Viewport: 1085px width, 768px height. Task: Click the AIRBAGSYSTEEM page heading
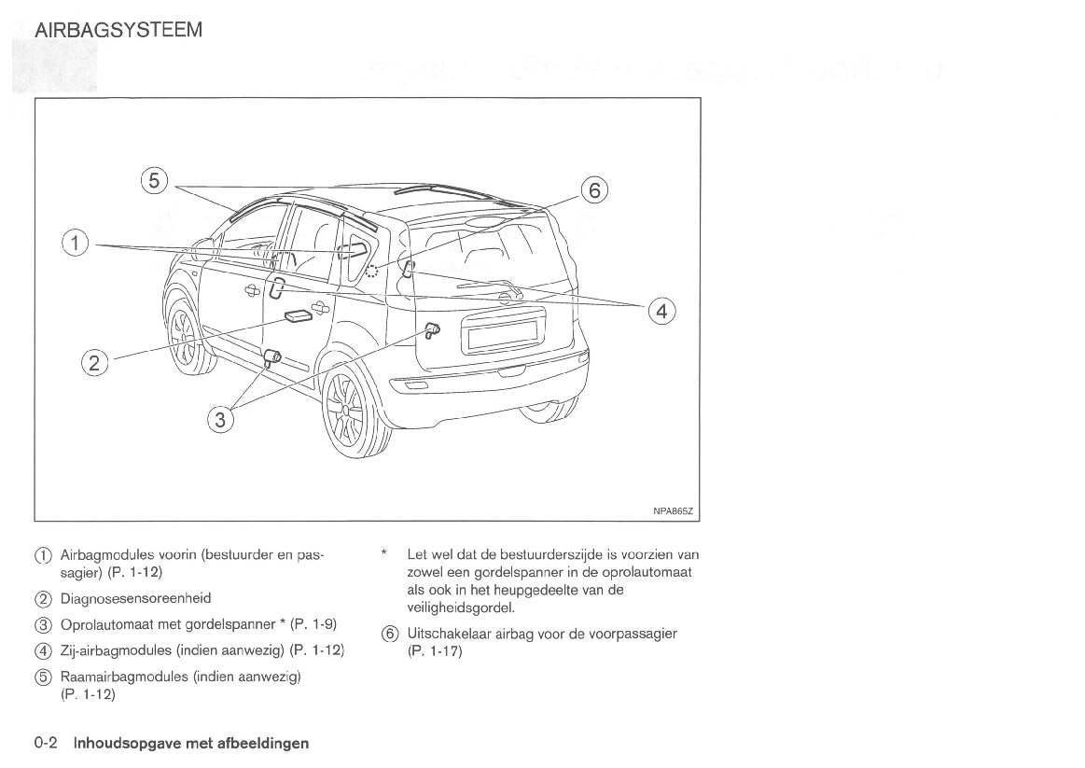point(118,30)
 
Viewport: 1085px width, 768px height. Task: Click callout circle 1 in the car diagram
point(77,244)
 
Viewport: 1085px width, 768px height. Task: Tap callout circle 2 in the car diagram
point(95,361)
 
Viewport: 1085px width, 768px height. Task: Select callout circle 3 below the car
point(220,421)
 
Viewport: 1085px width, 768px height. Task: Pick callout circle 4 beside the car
point(661,311)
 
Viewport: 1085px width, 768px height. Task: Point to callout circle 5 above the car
point(155,181)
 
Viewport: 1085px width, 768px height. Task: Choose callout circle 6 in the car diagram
point(594,190)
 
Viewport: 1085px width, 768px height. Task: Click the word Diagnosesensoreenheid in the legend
point(135,599)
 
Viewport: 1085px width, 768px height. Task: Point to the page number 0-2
point(47,744)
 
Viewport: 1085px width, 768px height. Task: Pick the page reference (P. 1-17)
point(435,651)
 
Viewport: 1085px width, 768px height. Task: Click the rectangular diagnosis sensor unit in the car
point(299,317)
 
